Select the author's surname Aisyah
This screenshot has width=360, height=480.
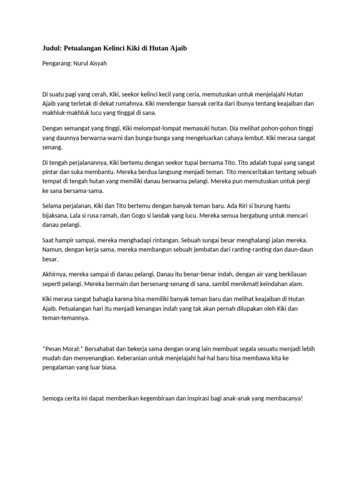pyautogui.click(x=97, y=63)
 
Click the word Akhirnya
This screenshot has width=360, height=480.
pyautogui.click(x=55, y=274)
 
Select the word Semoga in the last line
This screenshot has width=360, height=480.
pyautogui.click(x=53, y=399)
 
